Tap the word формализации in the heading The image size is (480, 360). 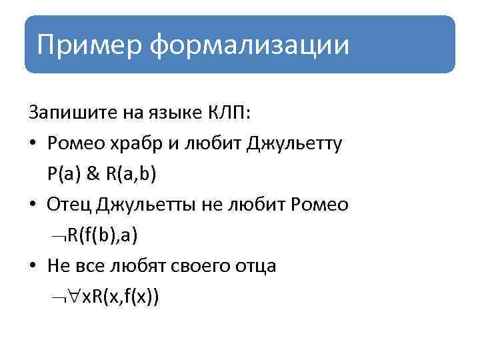[249, 45]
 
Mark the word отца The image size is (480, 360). [257, 265]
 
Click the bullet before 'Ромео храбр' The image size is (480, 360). [33, 143]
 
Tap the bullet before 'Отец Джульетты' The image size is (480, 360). [33, 205]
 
